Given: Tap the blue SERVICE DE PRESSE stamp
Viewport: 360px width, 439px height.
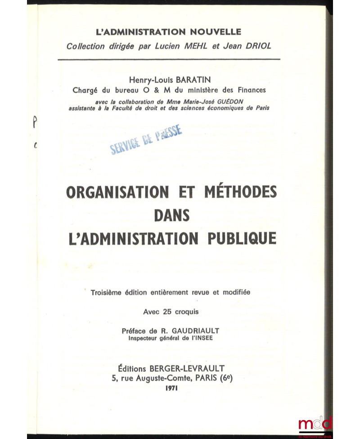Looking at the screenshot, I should coord(146,140).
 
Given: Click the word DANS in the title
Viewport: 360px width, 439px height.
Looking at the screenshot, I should coord(171,215).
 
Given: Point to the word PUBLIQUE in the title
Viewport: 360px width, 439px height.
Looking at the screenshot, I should coord(238,237).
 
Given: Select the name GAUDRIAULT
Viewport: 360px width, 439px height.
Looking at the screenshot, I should coord(199,330).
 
